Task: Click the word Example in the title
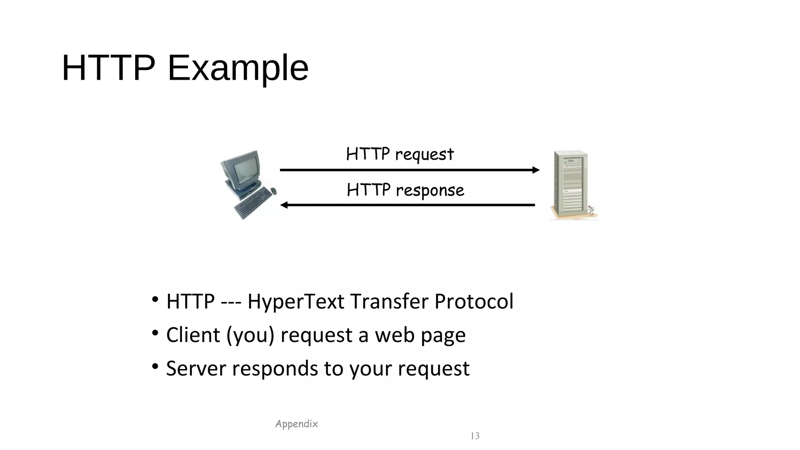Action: coord(238,68)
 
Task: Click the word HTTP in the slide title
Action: coord(109,68)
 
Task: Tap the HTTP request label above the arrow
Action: coord(400,154)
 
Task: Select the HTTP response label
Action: coord(405,190)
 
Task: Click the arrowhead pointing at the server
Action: coord(536,170)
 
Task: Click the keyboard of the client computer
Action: coord(253,203)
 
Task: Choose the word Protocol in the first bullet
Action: coord(474,301)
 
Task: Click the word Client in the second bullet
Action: coord(193,335)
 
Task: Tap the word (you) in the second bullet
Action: coord(250,335)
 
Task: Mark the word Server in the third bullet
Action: coord(196,368)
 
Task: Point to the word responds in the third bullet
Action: coord(275,368)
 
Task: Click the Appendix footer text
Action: coord(296,424)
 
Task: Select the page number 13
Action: coord(475,436)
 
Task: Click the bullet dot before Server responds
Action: coord(155,366)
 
